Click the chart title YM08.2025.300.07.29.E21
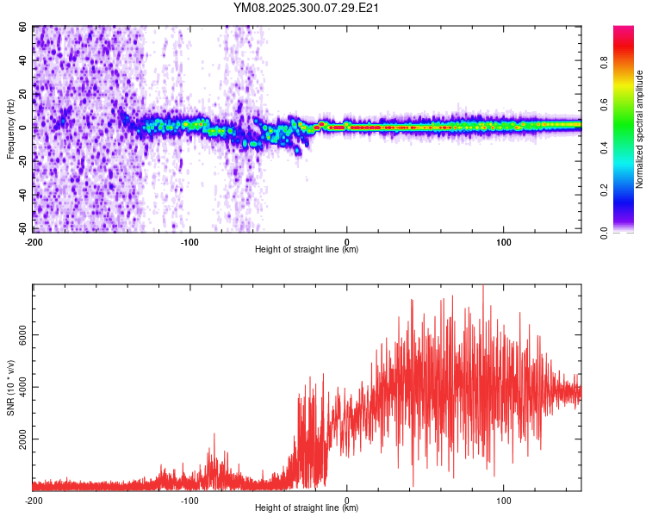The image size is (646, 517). (x=307, y=9)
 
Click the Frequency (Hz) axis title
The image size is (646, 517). (x=10, y=128)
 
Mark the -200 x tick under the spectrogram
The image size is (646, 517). (x=34, y=240)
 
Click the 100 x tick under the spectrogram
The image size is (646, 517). (x=503, y=240)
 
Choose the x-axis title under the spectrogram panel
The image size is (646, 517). (x=307, y=250)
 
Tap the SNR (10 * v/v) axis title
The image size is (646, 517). (x=10, y=388)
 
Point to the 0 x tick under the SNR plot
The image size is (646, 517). (x=347, y=500)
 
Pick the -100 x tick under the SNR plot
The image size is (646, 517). (x=190, y=500)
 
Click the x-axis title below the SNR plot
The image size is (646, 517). (x=307, y=509)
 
